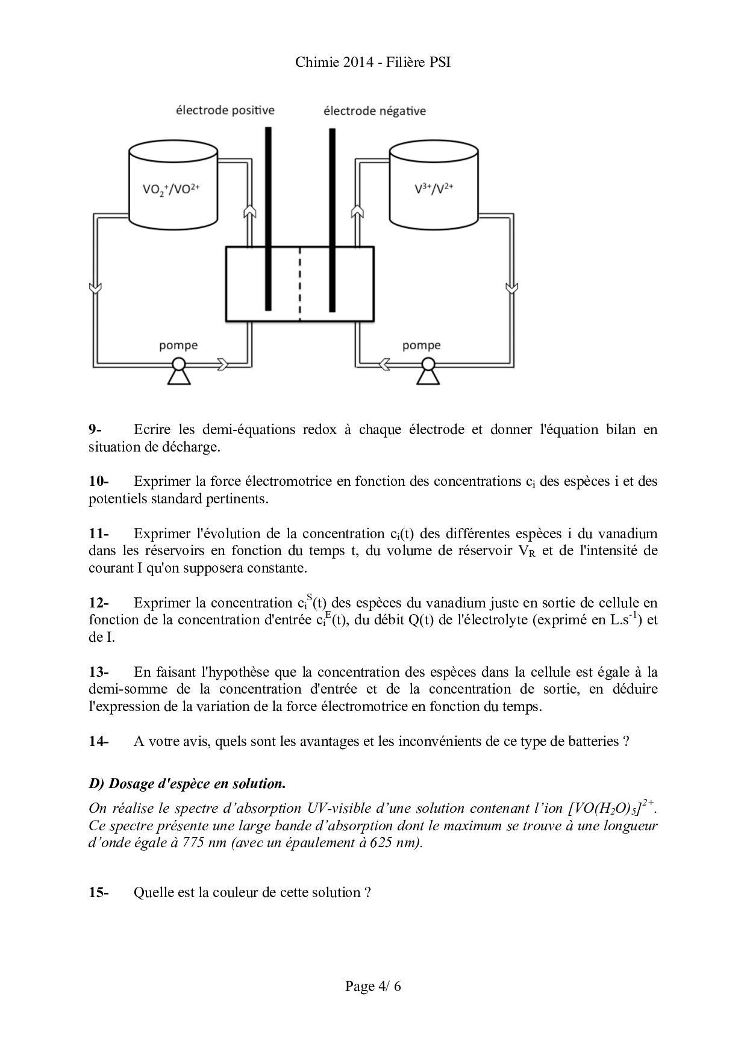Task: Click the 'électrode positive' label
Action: (225, 110)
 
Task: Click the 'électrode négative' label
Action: (374, 111)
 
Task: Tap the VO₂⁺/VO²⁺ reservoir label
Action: (171, 189)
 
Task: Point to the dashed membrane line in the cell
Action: (299, 284)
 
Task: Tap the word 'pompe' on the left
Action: (178, 346)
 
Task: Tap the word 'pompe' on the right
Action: (421, 346)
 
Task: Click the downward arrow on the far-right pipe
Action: (511, 288)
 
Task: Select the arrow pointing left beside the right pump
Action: (384, 364)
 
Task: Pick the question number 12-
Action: (99, 603)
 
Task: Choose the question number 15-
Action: (99, 893)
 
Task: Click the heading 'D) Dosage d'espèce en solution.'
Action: (187, 784)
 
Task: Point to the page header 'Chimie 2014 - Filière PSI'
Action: (373, 63)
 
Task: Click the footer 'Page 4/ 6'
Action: (373, 986)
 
